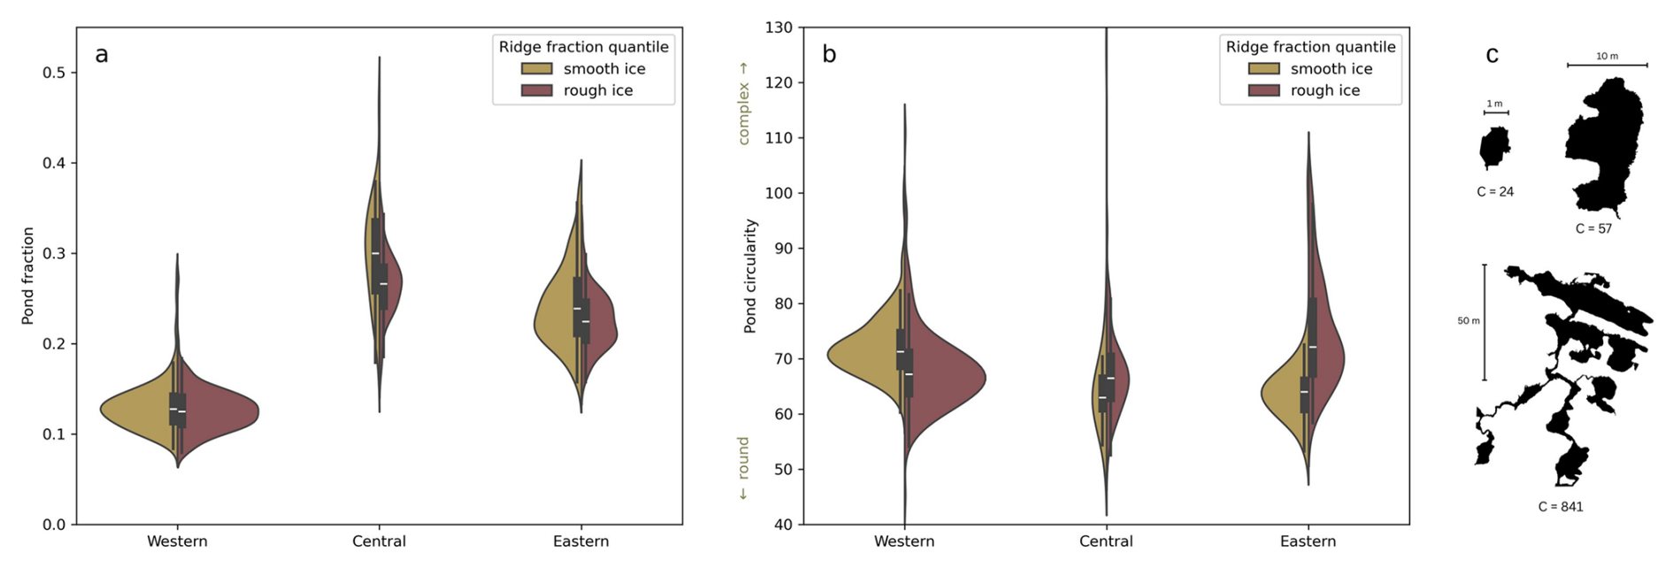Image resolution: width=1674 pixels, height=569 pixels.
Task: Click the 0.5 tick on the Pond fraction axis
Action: pos(54,73)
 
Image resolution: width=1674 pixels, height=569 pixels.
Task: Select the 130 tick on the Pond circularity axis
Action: pos(779,28)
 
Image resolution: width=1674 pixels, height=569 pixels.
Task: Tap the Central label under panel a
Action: pos(379,542)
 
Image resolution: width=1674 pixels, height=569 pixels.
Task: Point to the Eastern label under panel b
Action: pos(1308,542)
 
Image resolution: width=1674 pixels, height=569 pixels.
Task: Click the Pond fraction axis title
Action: pos(27,276)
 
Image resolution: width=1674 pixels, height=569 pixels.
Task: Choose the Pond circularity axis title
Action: pos(750,276)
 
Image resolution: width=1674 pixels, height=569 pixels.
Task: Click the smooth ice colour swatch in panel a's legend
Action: pos(536,69)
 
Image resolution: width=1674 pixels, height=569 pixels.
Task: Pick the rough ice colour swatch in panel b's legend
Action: pos(1263,90)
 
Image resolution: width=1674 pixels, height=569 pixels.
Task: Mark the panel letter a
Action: pos(102,55)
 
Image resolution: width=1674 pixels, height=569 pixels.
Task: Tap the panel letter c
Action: pos(1492,55)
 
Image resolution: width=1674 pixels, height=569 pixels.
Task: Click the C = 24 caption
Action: pos(1495,192)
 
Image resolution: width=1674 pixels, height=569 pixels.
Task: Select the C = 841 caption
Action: pos(1561,507)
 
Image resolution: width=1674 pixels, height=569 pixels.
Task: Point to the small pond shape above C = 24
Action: pos(1494,147)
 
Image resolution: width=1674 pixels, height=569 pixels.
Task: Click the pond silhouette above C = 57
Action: pos(1604,146)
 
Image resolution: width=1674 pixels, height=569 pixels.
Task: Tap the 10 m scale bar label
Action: pos(1607,57)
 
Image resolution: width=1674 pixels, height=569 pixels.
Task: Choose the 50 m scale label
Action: pos(1469,321)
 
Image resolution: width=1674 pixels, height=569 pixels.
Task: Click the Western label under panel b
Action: pos(904,542)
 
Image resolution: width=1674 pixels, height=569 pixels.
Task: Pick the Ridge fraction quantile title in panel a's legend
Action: pos(583,47)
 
